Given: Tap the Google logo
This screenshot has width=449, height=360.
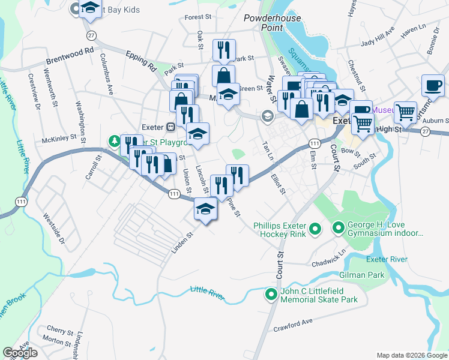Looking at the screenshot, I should click(20, 353).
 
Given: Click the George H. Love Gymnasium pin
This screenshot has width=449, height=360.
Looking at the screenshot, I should click(338, 229).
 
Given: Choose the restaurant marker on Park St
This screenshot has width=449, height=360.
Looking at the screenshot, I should click(224, 49).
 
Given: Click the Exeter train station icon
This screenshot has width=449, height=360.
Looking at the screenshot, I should click(170, 127).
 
